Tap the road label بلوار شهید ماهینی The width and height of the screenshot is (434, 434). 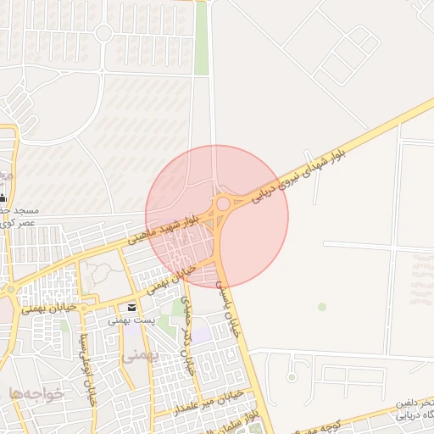pos(165,228)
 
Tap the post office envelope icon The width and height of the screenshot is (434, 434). pos(131,307)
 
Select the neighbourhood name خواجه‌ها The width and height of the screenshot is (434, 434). pos(31,392)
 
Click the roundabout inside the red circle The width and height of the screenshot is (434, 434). pos(224,203)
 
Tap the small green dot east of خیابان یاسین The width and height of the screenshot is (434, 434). pos(321,307)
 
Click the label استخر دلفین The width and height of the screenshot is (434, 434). pos(415,401)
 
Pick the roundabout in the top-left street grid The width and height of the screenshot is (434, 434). pos(103,33)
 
